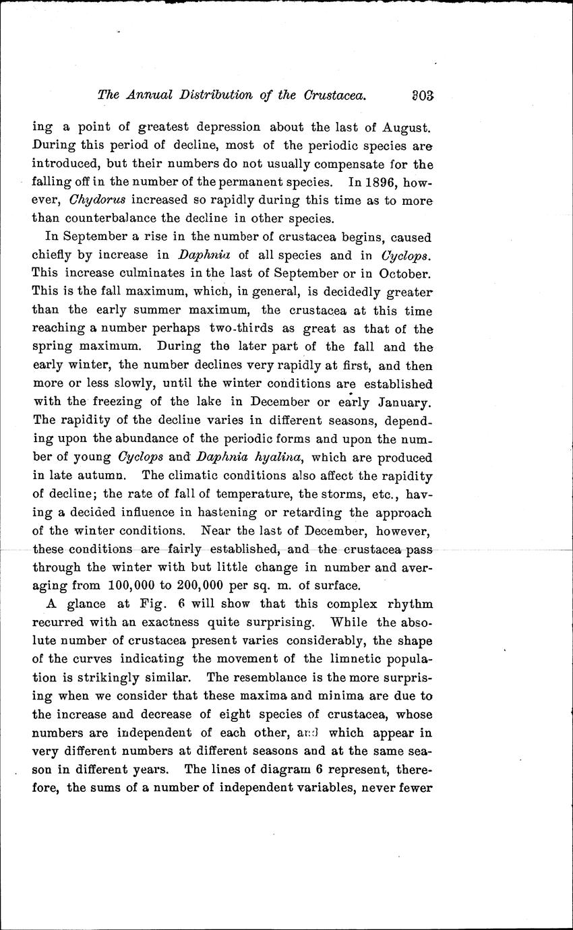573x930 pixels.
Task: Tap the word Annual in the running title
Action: [x=149, y=95]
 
